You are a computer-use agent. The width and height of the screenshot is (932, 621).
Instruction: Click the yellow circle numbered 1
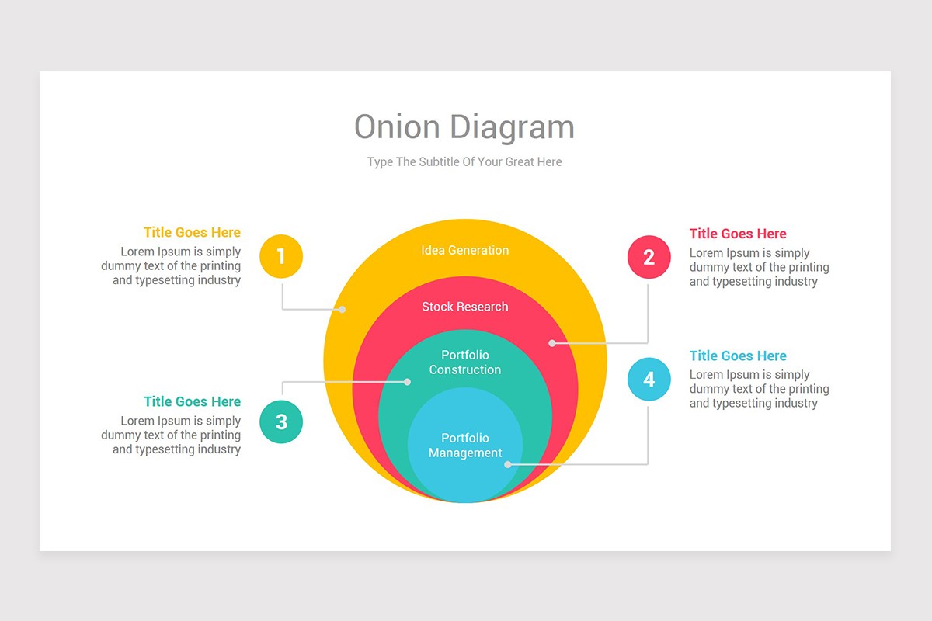(281, 256)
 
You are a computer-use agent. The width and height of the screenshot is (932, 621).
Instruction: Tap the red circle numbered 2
(649, 257)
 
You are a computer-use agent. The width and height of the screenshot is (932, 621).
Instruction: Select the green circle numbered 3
(281, 422)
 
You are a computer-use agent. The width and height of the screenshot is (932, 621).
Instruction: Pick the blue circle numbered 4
(649, 379)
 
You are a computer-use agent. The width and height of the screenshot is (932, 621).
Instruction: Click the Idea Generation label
(464, 250)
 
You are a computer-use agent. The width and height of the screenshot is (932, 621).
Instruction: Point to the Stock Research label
(464, 307)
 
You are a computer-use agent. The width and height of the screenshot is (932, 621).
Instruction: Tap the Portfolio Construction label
(464, 363)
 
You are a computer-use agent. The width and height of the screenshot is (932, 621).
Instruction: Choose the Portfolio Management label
(464, 446)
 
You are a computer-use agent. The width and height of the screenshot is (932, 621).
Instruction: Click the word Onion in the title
(397, 127)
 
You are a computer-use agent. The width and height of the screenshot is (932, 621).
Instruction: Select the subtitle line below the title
(464, 162)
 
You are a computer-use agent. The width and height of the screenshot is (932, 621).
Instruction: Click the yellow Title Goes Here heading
(192, 232)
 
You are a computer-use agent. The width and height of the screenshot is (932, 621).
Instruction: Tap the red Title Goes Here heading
(738, 234)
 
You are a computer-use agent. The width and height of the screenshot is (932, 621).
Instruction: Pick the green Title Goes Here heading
(192, 401)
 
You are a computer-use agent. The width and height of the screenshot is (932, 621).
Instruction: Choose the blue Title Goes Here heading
(738, 356)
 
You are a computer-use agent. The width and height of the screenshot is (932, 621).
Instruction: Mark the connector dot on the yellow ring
(342, 310)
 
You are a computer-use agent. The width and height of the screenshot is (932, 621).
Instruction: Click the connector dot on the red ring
(552, 342)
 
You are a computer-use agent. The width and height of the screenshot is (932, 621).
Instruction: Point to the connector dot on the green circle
(408, 381)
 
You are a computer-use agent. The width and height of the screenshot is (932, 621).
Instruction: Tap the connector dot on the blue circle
(508, 464)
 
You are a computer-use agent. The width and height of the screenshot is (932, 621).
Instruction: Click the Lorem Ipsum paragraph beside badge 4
(759, 389)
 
